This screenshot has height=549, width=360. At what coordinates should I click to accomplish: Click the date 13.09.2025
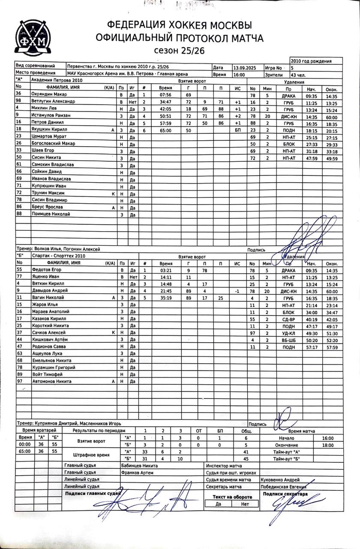click(245, 67)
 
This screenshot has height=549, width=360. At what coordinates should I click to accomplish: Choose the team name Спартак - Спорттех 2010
click(56, 256)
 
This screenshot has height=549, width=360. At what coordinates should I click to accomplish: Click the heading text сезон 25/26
click(180, 51)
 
